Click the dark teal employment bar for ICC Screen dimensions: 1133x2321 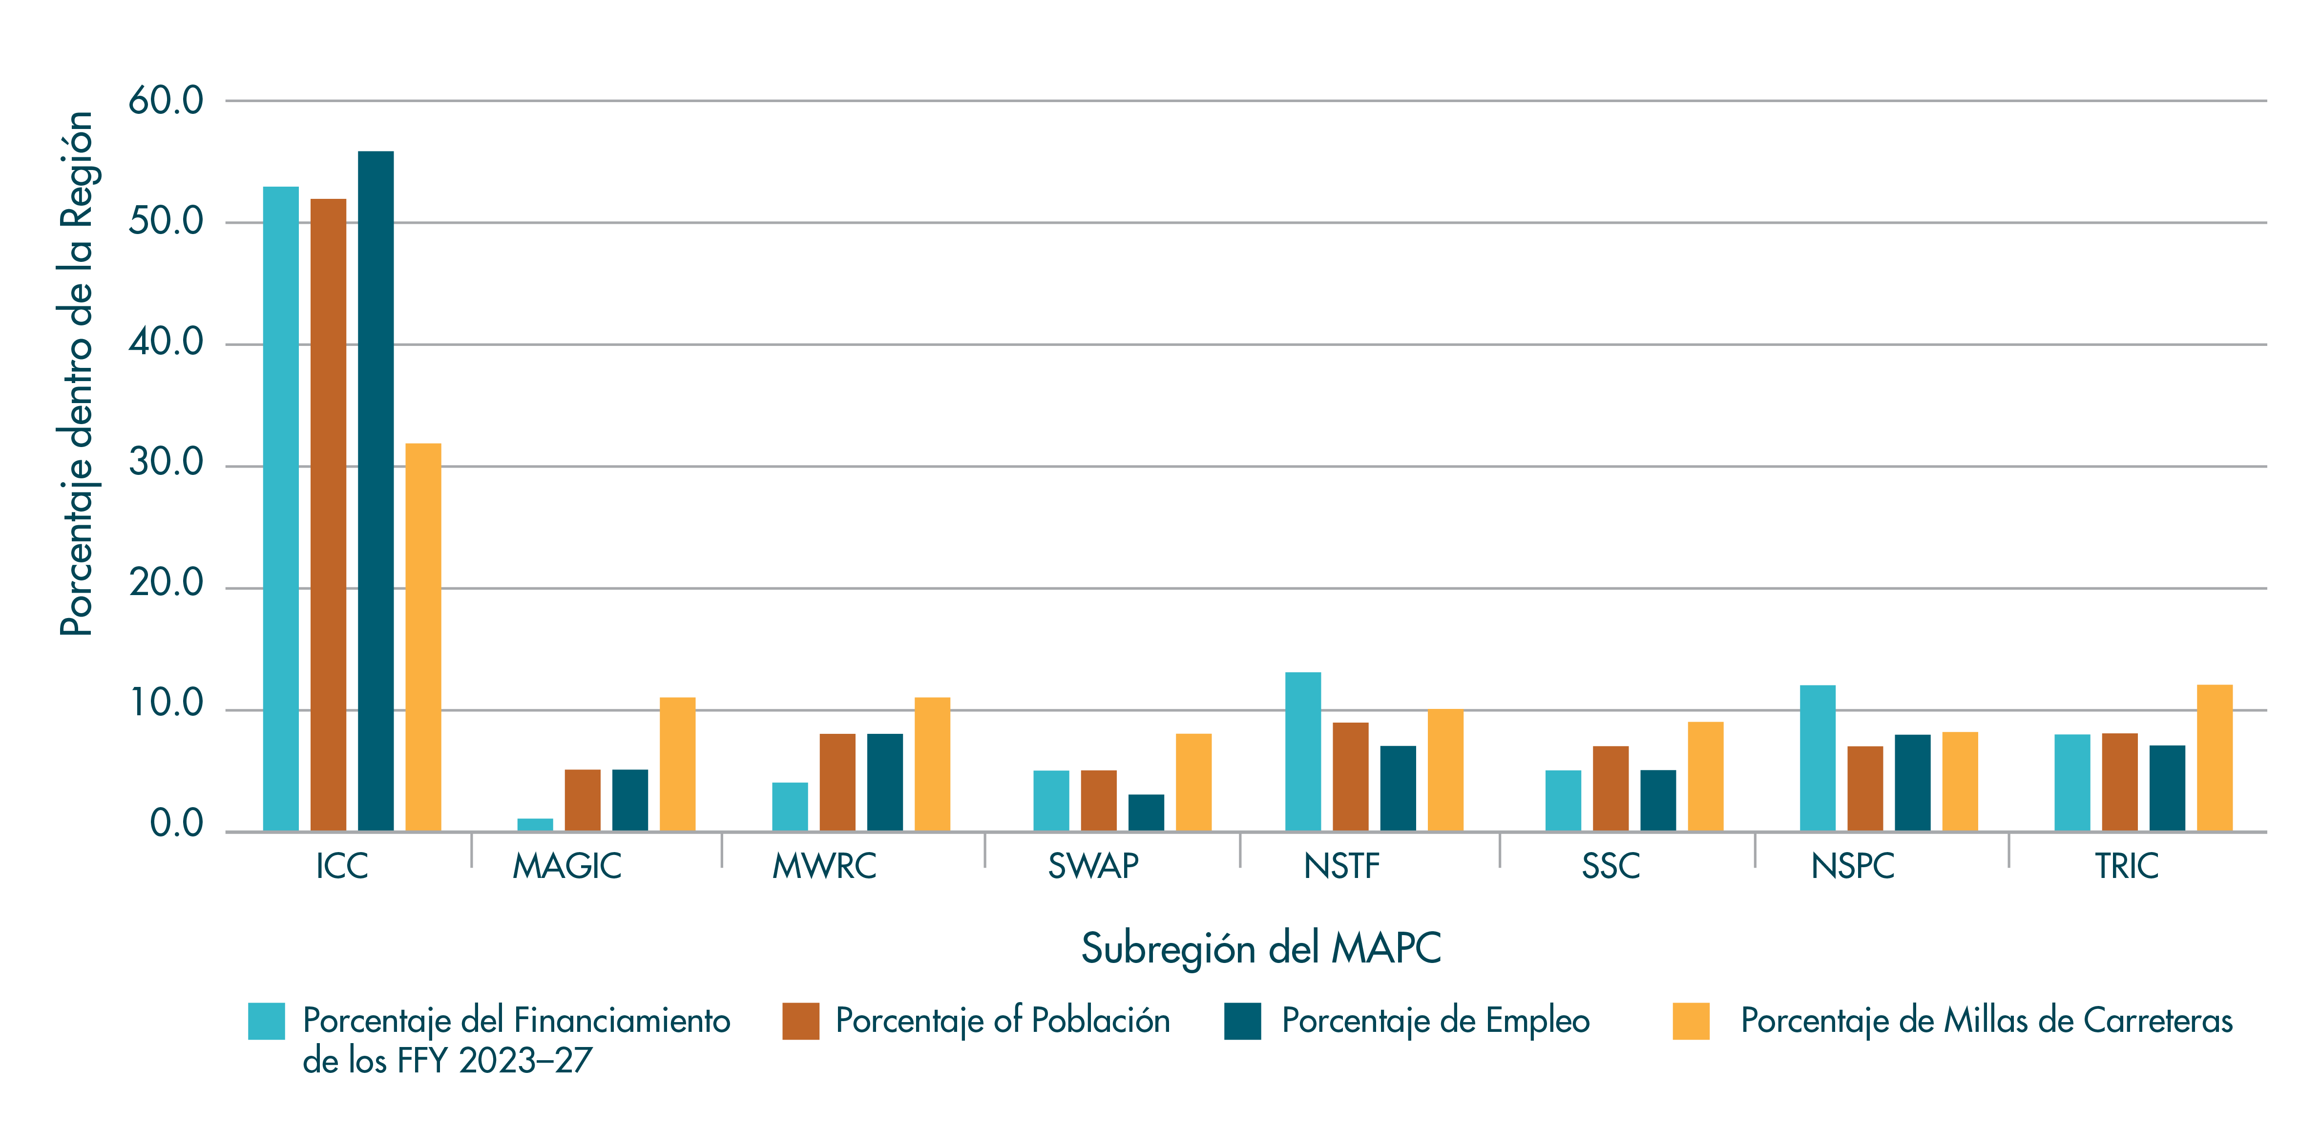coord(376,491)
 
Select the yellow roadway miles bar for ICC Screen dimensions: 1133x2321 coord(423,637)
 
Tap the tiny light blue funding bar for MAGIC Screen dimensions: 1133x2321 coord(535,825)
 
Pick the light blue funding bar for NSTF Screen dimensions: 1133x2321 coord(1303,752)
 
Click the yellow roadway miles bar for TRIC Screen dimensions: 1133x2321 coord(2215,758)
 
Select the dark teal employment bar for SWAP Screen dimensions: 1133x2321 coord(1146,813)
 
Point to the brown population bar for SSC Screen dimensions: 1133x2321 coord(1611,789)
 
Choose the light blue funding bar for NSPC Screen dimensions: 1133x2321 coord(1818,758)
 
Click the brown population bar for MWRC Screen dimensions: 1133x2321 coord(837,782)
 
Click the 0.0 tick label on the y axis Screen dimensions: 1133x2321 coord(177,824)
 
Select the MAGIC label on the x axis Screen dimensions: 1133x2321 coord(567,866)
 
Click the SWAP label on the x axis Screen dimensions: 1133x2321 coord(1093,866)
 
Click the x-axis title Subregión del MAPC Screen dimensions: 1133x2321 coord(1260,948)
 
